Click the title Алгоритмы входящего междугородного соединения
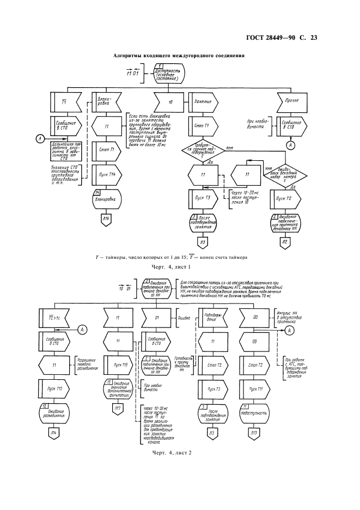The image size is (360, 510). [x=178, y=56]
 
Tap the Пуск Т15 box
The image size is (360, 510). [x=117, y=365]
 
